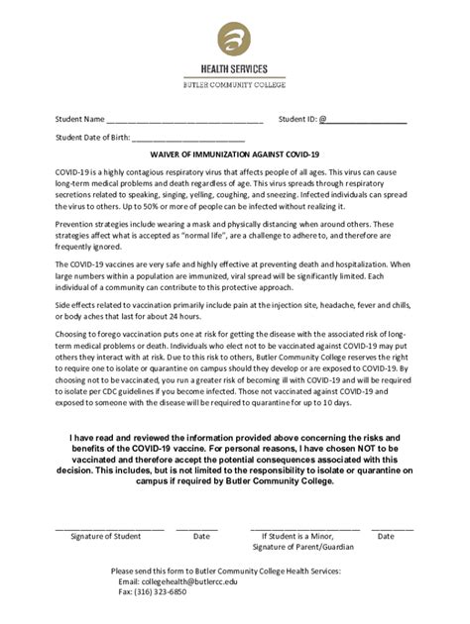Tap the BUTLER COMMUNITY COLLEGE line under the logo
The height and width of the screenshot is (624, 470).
coord(235,86)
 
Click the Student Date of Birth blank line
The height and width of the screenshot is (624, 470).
coord(187,140)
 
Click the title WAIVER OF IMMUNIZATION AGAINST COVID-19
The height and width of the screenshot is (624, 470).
coord(234,156)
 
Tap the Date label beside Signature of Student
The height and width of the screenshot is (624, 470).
coord(201,536)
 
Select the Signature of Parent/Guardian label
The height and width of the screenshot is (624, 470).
coord(302,547)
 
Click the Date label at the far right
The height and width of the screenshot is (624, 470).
coord(386,536)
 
